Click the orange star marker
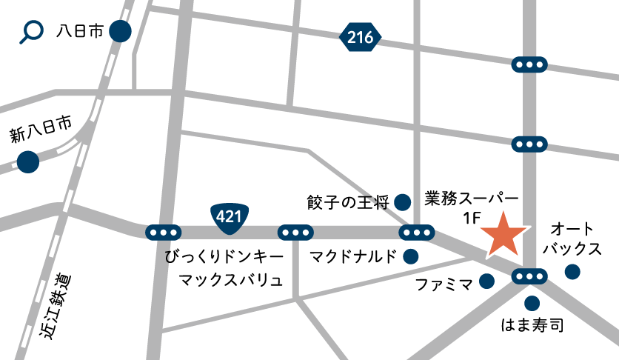pyautogui.click(x=503, y=235)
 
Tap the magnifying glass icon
pyautogui.click(x=32, y=32)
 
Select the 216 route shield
pyautogui.click(x=361, y=37)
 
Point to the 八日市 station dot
pyautogui.click(x=120, y=32)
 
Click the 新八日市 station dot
pyautogui.click(x=28, y=161)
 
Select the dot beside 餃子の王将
pyautogui.click(x=403, y=201)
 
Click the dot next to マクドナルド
pyautogui.click(x=410, y=257)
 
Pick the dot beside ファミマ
pyautogui.click(x=486, y=281)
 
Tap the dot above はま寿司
pyautogui.click(x=532, y=303)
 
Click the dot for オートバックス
pyautogui.click(x=572, y=272)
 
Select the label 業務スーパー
pyautogui.click(x=472, y=199)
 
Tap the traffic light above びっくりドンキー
pyautogui.click(x=163, y=233)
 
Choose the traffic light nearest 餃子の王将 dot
pyautogui.click(x=417, y=233)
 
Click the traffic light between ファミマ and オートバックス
pyautogui.click(x=529, y=277)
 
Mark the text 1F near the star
pyautogui.click(x=472, y=219)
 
